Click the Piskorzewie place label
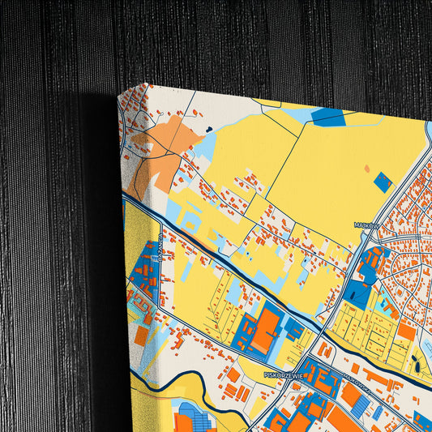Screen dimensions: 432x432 (x=283, y=374)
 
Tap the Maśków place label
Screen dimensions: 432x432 (x=366, y=225)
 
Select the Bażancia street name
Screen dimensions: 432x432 (x=160, y=243)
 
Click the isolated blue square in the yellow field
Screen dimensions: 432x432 (x=383, y=182)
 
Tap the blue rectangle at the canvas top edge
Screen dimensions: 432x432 (x=328, y=117)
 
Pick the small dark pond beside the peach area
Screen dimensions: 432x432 (x=208, y=129)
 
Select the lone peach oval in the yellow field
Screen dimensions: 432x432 (x=366, y=169)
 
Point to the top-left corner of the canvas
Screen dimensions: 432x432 (x=118, y=94)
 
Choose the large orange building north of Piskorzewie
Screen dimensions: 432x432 (x=265, y=328)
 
